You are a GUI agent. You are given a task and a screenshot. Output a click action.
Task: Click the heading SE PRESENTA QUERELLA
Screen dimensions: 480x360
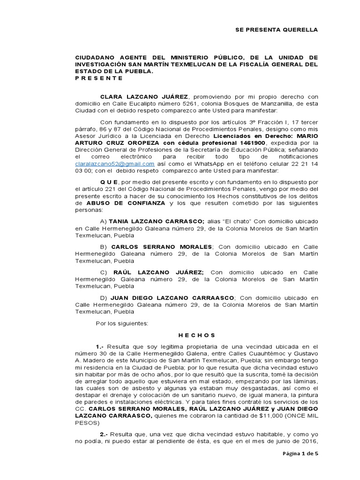pos(276,30)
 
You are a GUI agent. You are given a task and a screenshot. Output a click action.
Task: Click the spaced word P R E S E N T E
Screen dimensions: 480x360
pos(99,78)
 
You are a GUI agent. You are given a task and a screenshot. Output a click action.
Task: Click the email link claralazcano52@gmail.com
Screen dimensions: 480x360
pos(115,164)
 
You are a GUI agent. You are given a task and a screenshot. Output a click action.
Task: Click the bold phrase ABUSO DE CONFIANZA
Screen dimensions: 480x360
pos(126,203)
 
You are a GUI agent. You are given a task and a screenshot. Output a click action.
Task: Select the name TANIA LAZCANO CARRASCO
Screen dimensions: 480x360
pos(157,221)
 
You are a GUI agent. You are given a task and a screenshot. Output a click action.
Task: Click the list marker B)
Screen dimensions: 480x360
pos(104,247)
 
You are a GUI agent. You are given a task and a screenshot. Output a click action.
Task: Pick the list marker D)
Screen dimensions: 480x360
pos(104,297)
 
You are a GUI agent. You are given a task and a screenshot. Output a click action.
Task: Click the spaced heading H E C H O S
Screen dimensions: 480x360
pos(196,335)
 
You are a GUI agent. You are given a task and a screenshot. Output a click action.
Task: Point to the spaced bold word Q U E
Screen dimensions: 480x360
pos(110,182)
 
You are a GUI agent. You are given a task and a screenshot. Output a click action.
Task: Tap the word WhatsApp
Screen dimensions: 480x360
pos(199,164)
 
